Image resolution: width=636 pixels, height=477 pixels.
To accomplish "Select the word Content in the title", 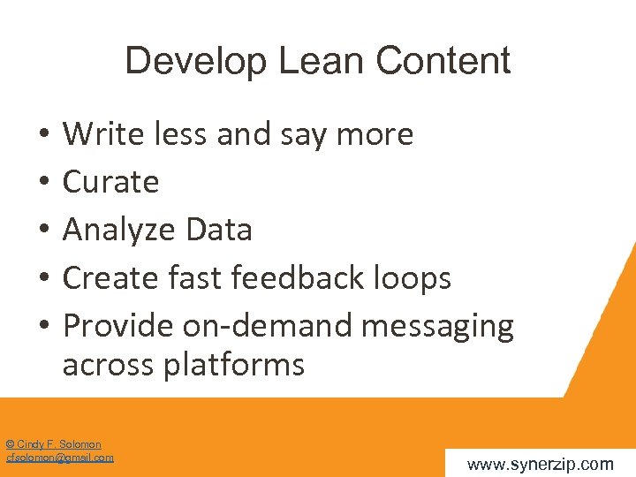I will (443, 62).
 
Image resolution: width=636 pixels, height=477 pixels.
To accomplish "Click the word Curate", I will (110, 182).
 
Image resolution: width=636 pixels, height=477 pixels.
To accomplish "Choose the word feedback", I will (291, 278).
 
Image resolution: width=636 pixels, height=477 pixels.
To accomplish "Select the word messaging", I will (438, 327).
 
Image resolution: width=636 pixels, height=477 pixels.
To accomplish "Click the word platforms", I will (234, 365).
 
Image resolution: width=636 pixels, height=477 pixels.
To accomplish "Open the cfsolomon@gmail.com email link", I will (60, 458).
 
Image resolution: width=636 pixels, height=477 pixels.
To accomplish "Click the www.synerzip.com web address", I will (540, 464).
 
